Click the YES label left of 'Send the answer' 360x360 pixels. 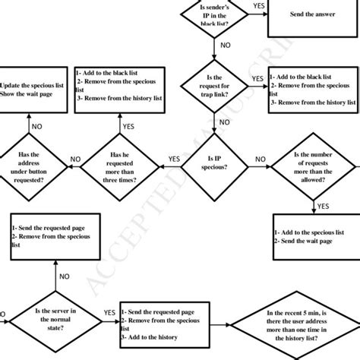[258, 6]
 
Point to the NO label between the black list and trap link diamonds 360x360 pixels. [225, 46]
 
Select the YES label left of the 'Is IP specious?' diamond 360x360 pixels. [174, 158]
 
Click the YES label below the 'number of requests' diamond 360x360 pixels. [323, 206]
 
